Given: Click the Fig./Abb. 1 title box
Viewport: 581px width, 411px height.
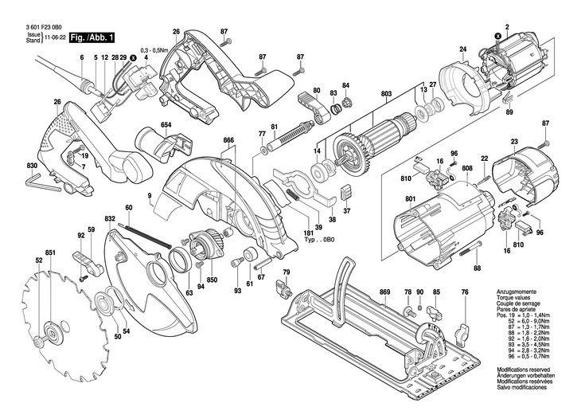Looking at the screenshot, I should click(93, 37).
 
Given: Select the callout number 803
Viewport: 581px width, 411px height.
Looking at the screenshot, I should click(387, 95).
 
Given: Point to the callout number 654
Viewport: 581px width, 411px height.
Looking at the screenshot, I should click(166, 124).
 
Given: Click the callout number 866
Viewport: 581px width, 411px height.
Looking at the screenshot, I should click(228, 140).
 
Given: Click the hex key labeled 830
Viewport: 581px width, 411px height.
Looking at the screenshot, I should click(32, 166).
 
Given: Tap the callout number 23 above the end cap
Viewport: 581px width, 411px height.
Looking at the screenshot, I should click(514, 142).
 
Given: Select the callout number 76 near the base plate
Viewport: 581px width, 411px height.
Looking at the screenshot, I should click(465, 292).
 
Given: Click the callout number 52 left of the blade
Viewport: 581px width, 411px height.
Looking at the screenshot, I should click(37, 260).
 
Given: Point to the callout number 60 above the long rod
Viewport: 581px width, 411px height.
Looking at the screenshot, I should click(128, 208).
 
